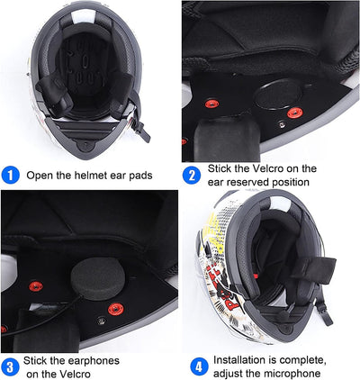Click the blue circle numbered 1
(11, 176)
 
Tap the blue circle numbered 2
(191, 176)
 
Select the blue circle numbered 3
(11, 366)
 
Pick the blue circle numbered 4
(198, 366)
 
